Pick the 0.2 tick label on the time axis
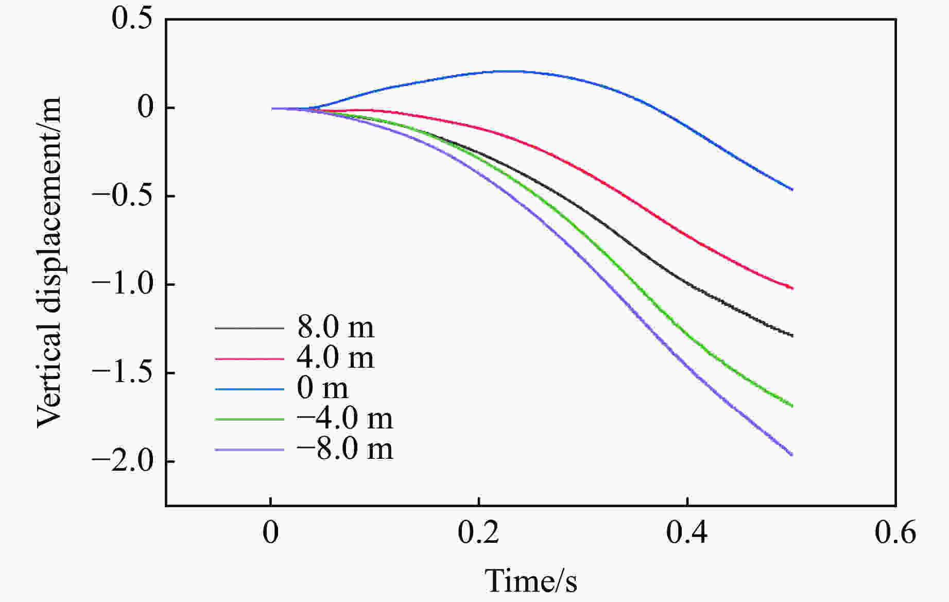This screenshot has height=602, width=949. pyautogui.click(x=478, y=534)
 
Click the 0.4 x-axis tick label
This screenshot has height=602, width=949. pyautogui.click(x=687, y=534)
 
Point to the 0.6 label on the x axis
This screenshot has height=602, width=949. pyautogui.click(x=895, y=534)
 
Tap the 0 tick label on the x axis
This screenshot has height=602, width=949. pyautogui.click(x=270, y=534)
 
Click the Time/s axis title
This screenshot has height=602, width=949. pyautogui.click(x=531, y=581)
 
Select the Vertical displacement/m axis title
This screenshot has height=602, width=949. pyautogui.click(x=49, y=263)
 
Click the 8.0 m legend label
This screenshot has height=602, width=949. pyautogui.click(x=335, y=328)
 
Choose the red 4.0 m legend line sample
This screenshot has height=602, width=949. pyautogui.click(x=249, y=358)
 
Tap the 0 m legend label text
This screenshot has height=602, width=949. pyautogui.click(x=322, y=388)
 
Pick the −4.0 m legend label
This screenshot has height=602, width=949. pyautogui.click(x=344, y=419)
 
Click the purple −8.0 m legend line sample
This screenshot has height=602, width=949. pyautogui.click(x=249, y=450)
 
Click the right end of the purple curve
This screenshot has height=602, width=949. pyautogui.click(x=792, y=455)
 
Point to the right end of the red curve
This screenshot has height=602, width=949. pyautogui.click(x=792, y=288)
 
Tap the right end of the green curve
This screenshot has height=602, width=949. pyautogui.click(x=792, y=406)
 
